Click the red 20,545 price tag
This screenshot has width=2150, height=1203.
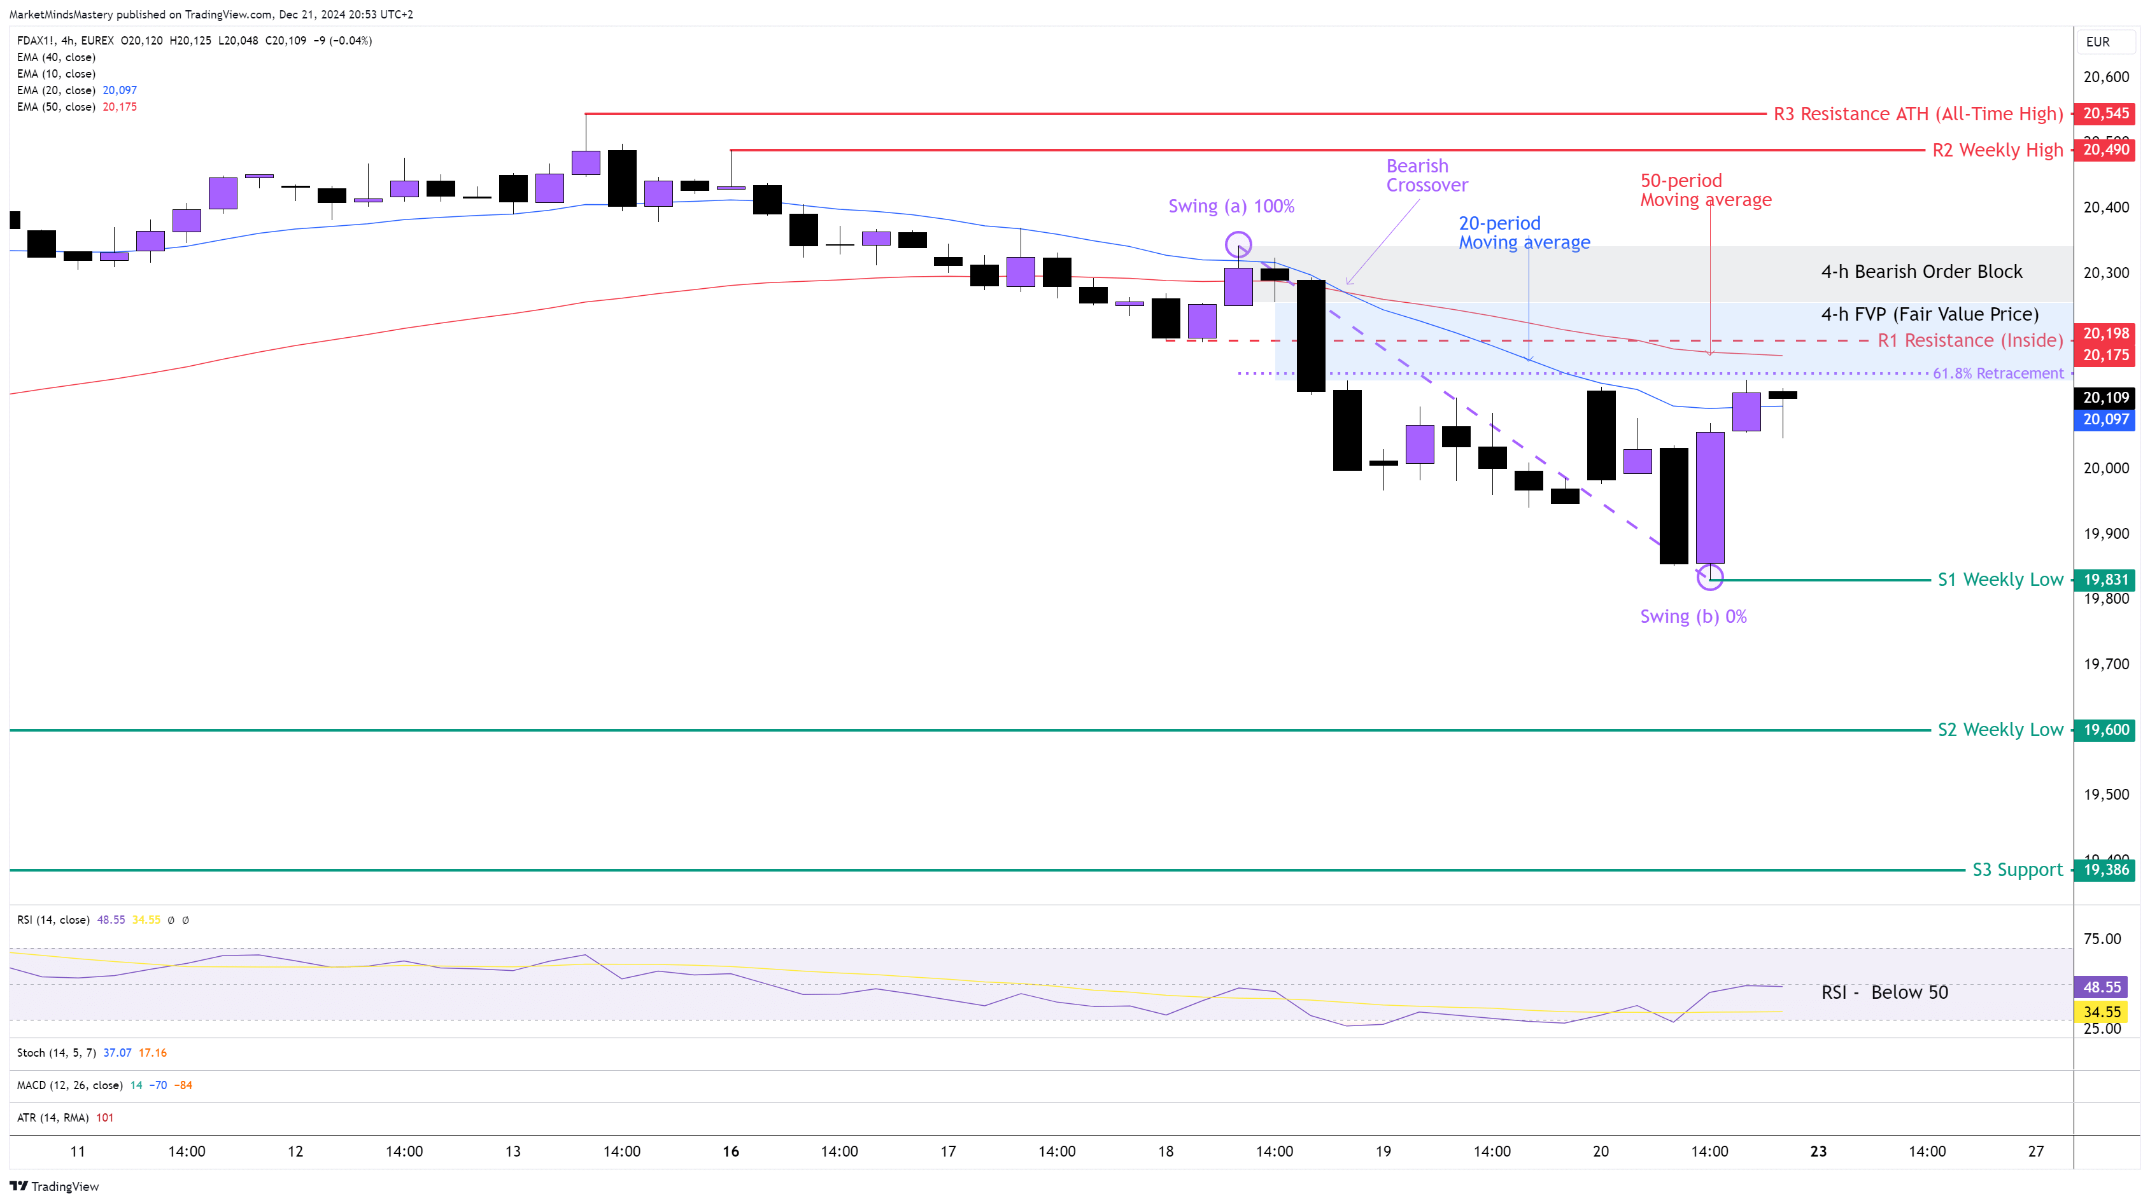pos(2106,113)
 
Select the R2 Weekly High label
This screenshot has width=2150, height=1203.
pos(1997,150)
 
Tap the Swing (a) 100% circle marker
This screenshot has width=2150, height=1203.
pos(1238,244)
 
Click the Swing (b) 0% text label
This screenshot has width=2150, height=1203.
pos(1693,616)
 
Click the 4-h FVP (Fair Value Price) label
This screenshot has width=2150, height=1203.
pos(1929,314)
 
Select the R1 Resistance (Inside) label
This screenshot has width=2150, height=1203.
pos(1970,340)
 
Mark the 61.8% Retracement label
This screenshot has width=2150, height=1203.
pos(1997,373)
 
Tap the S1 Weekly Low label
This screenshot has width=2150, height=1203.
pos(2000,580)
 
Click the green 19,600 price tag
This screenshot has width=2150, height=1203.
pos(2106,730)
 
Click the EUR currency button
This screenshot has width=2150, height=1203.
pos(2097,42)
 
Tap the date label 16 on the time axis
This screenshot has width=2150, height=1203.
pos(730,1151)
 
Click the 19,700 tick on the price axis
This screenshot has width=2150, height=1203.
pos(2106,664)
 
